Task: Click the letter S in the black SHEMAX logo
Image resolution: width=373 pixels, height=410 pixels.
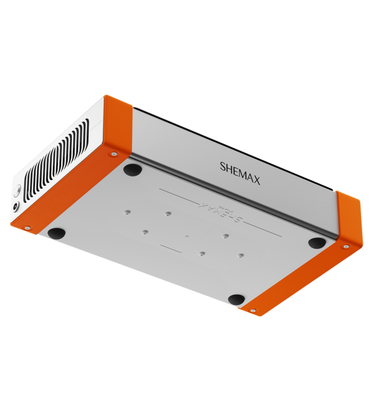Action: [x=223, y=167]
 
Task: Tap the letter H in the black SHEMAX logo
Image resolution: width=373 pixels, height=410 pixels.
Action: [x=229, y=170]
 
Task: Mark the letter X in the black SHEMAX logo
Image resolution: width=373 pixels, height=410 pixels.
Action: [x=257, y=181]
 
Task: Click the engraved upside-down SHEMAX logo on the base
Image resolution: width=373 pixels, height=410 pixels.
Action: [x=221, y=212]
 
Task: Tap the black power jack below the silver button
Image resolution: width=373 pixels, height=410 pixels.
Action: [x=16, y=207]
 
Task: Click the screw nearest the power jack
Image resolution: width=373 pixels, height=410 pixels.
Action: [x=28, y=228]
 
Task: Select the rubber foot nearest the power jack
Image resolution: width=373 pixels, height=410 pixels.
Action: [x=56, y=233]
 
